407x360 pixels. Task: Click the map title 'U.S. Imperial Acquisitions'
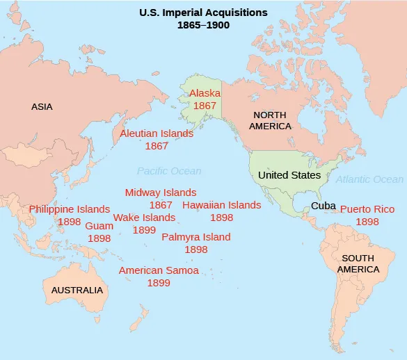point(203,12)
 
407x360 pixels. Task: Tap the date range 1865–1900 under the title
point(203,25)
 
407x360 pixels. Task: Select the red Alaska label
point(205,93)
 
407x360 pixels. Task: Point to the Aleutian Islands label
point(157,133)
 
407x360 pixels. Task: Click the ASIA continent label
point(42,107)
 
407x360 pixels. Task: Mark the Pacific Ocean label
point(168,171)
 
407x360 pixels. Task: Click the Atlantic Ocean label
point(369,179)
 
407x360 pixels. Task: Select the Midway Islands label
point(161,193)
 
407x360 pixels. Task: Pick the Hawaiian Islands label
point(221,205)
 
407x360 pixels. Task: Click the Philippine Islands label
point(70,209)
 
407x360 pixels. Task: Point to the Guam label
point(99,226)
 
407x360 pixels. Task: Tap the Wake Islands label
point(144,218)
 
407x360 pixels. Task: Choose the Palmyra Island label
point(195,237)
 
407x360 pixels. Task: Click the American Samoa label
point(159,270)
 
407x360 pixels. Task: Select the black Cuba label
point(324,206)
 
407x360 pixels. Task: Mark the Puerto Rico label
point(367,209)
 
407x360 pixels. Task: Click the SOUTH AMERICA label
point(358,263)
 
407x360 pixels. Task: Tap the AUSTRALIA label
point(77,290)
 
